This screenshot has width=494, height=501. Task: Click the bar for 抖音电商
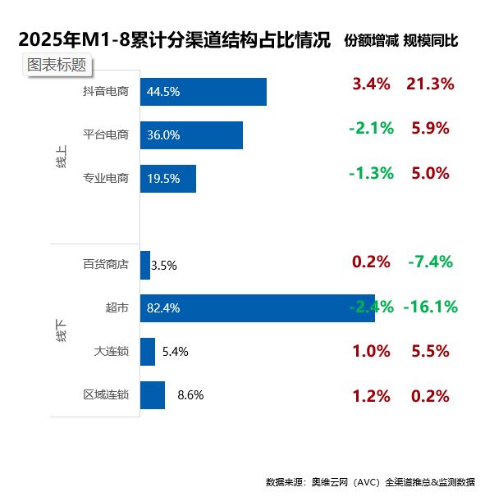[203, 92]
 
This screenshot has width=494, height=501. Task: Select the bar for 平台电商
[191, 135]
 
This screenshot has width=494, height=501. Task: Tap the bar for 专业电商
[168, 179]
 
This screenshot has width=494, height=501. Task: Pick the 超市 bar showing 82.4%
[257, 308]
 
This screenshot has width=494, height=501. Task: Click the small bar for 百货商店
[145, 265]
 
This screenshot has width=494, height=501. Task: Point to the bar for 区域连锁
[153, 394]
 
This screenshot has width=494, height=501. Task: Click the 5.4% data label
[176, 352]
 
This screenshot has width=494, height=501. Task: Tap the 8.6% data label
[190, 395]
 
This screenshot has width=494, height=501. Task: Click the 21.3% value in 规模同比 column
[430, 84]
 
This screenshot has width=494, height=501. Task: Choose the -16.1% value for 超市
[430, 307]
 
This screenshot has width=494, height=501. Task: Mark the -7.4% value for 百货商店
[430, 262]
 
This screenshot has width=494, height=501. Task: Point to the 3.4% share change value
[371, 84]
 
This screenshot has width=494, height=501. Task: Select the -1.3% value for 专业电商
[371, 173]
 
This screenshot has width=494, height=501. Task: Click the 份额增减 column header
[370, 40]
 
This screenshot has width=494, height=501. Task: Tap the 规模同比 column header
[430, 40]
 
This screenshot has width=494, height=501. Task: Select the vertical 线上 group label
[62, 157]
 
